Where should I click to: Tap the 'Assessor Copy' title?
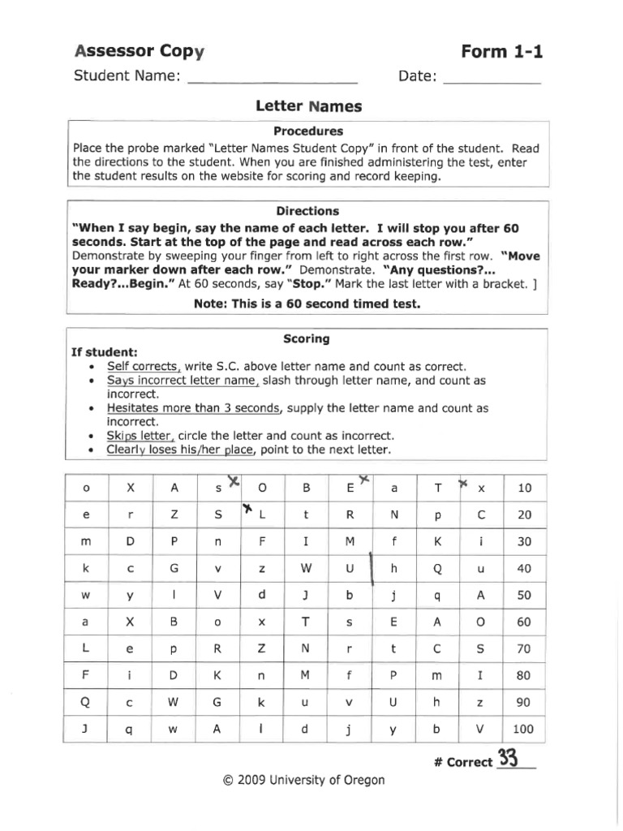point(139,53)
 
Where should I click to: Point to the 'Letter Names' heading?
point(308,106)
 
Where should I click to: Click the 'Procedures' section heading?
point(308,131)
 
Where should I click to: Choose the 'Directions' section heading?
point(308,210)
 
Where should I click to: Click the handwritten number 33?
point(508,759)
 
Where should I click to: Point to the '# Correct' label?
point(463,762)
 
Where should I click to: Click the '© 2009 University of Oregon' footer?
point(303,781)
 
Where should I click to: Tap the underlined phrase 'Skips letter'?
point(141,435)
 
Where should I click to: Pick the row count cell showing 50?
point(524,595)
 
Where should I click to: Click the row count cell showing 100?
point(524,729)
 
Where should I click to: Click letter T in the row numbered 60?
point(306,622)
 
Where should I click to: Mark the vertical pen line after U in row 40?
point(371,568)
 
